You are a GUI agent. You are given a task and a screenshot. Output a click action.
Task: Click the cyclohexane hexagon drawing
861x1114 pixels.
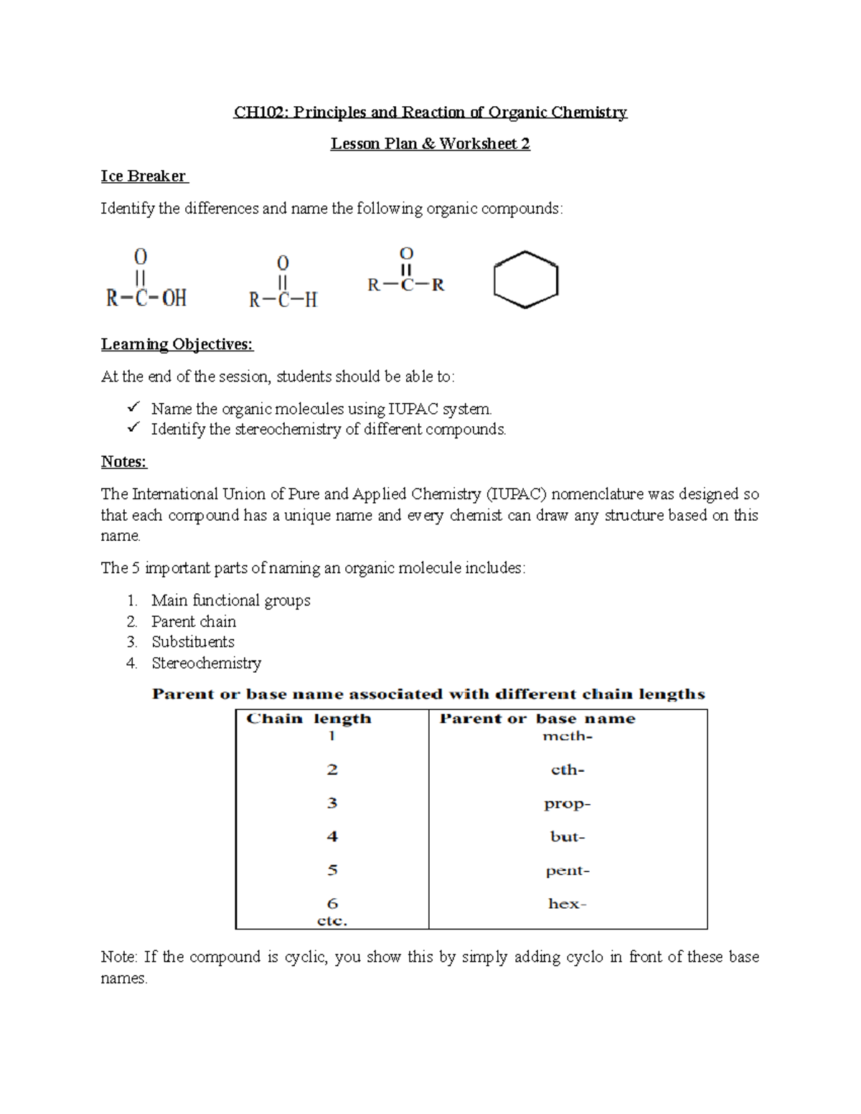(526, 280)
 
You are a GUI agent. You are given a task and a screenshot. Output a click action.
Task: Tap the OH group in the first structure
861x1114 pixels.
(174, 298)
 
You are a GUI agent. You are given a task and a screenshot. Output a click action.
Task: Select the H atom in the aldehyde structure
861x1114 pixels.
(311, 300)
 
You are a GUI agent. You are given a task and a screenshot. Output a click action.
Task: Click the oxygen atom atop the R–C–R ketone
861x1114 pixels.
(406, 254)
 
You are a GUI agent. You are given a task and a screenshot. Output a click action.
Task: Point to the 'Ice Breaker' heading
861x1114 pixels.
(143, 176)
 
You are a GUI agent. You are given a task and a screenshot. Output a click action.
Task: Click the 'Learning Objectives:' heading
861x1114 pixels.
(177, 344)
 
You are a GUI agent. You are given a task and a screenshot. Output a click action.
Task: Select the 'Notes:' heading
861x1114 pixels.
(123, 462)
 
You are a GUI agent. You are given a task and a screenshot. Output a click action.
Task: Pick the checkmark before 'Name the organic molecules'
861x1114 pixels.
(133, 407)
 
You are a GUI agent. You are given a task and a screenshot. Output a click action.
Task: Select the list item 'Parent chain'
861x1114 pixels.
(193, 621)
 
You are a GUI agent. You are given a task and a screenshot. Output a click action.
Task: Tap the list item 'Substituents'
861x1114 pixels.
(192, 642)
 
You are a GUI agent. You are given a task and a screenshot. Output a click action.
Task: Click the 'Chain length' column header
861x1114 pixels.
(309, 719)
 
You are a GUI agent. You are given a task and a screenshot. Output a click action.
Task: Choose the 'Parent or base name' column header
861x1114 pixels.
(537, 719)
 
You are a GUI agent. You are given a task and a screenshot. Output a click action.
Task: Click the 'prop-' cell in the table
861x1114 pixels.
(567, 803)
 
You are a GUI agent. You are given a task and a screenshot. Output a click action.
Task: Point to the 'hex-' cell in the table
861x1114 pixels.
(567, 904)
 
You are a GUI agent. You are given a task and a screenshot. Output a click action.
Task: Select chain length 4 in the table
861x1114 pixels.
(331, 836)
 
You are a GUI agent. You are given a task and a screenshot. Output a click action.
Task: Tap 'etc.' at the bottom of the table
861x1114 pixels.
(331, 920)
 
